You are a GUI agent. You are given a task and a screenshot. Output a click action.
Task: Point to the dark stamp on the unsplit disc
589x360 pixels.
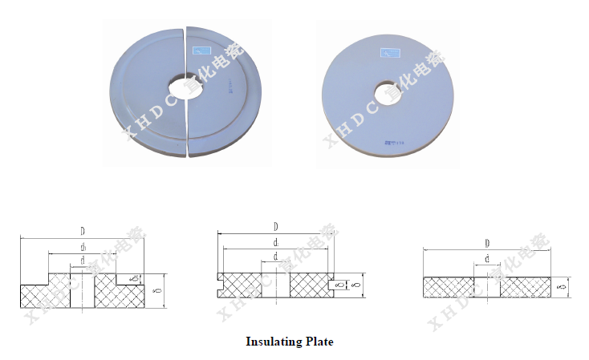click(395, 141)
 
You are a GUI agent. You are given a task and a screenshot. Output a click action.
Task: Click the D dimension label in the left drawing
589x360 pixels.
click(83, 232)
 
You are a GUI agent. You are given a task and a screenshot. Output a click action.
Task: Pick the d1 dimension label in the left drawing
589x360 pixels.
click(83, 247)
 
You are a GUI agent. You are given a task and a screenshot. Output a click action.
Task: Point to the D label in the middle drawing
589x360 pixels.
click(275, 227)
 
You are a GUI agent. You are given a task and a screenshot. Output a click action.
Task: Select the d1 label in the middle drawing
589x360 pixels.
click(275, 241)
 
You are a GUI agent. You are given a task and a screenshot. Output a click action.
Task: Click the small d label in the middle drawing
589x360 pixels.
click(275, 256)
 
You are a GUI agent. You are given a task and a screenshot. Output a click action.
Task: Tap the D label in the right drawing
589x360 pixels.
click(487, 243)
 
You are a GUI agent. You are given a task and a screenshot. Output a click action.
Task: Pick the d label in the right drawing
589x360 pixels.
click(487, 258)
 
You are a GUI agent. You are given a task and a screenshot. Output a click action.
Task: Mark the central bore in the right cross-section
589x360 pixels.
click(487, 288)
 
